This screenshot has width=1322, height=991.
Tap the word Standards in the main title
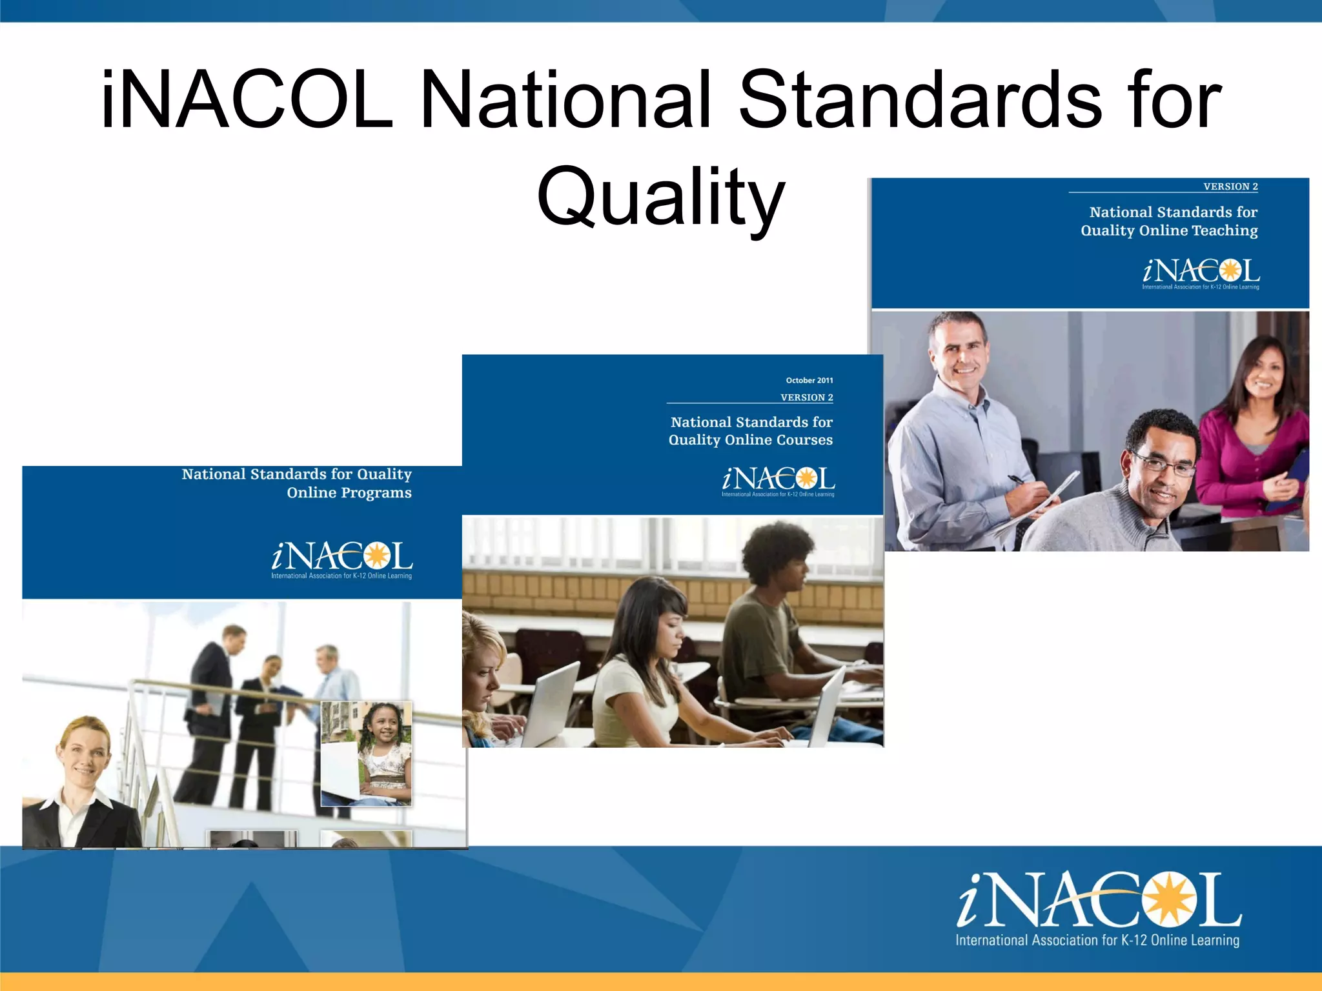pos(920,100)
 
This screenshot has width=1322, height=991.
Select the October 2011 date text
pos(809,381)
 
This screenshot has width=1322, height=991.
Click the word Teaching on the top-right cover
pos(1224,230)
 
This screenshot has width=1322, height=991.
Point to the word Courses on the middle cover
pos(804,440)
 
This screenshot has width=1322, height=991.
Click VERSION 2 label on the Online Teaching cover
pos(1230,186)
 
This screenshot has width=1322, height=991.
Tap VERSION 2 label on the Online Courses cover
pos(806,397)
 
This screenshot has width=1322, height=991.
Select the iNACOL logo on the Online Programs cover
pos(341,559)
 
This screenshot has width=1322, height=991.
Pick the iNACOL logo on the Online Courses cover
pos(778,481)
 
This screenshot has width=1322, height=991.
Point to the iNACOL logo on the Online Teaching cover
pos(1201,274)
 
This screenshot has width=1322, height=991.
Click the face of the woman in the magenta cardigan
pos(1262,374)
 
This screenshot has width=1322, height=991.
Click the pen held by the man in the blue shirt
pos(1019,480)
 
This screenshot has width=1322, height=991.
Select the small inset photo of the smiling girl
pos(366,754)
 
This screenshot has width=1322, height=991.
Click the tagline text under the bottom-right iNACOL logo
pos(1097,940)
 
